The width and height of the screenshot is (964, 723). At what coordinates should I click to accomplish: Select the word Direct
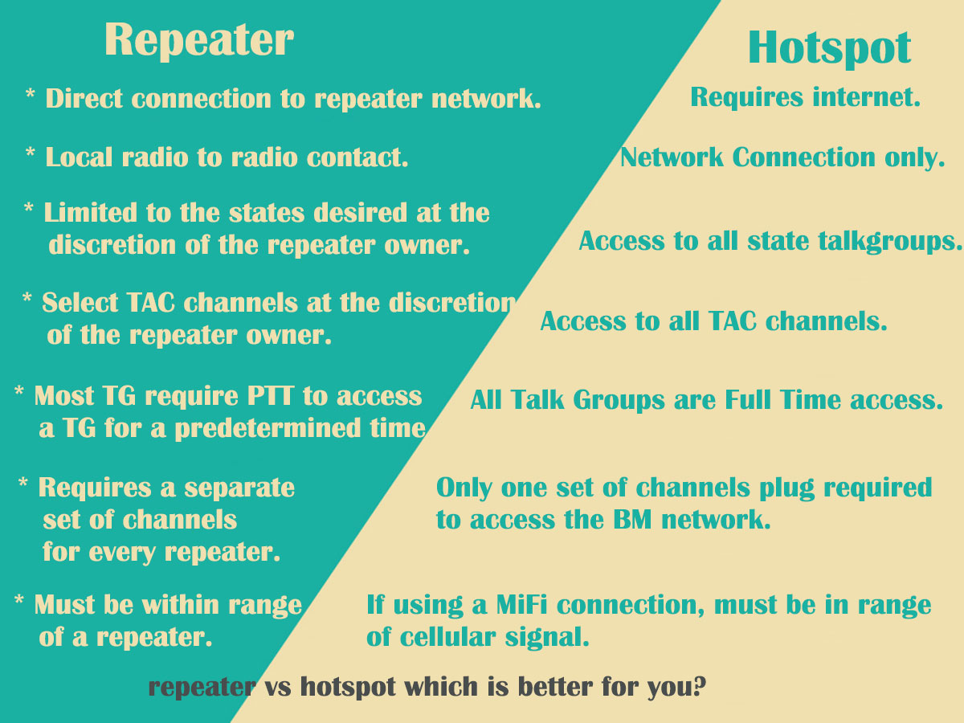click(x=84, y=98)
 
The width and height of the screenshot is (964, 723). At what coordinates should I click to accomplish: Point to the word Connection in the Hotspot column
click(x=803, y=157)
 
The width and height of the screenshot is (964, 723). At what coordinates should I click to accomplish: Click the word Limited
click(x=91, y=213)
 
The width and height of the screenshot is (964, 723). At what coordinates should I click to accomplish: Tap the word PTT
click(x=270, y=396)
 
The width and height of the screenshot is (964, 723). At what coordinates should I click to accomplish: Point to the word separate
click(x=239, y=488)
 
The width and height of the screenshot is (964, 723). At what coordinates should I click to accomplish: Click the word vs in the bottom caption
click(x=278, y=688)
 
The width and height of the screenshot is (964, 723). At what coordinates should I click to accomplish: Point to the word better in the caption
click(x=556, y=687)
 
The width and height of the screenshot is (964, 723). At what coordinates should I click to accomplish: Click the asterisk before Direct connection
click(x=31, y=93)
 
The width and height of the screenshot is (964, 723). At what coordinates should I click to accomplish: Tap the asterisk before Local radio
click(x=31, y=153)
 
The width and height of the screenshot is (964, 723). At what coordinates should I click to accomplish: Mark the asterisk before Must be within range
click(x=19, y=599)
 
